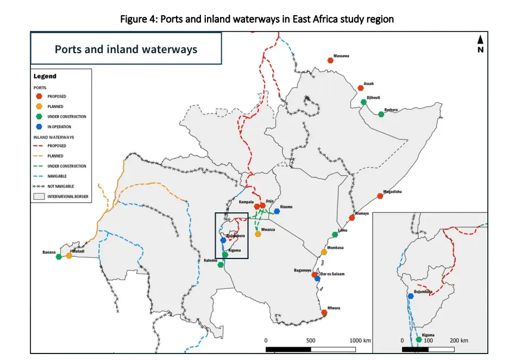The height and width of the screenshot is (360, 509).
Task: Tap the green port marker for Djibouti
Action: (x=363, y=102)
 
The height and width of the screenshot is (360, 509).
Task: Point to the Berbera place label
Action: (x=391, y=110)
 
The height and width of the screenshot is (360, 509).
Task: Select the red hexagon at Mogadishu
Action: (x=380, y=196)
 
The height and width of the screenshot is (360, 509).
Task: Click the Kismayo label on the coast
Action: (x=362, y=213)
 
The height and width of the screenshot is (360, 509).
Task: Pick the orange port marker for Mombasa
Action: (x=324, y=251)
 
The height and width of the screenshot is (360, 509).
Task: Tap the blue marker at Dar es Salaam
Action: (x=317, y=279)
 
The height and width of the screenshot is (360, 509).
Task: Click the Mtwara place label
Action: (x=334, y=308)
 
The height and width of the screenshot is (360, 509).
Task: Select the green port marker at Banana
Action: (x=59, y=257)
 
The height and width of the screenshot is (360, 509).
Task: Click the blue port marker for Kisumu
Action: (x=277, y=211)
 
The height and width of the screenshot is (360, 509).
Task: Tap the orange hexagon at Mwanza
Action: (x=258, y=234)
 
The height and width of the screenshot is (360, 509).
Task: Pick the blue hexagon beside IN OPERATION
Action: (x=39, y=127)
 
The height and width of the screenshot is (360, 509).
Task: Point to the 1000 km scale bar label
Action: (x=359, y=340)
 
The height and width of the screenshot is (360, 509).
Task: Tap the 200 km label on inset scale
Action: (x=460, y=340)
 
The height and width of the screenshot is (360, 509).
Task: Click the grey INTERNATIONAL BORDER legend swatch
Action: (x=39, y=196)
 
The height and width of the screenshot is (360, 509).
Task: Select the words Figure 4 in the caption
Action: (x=137, y=19)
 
